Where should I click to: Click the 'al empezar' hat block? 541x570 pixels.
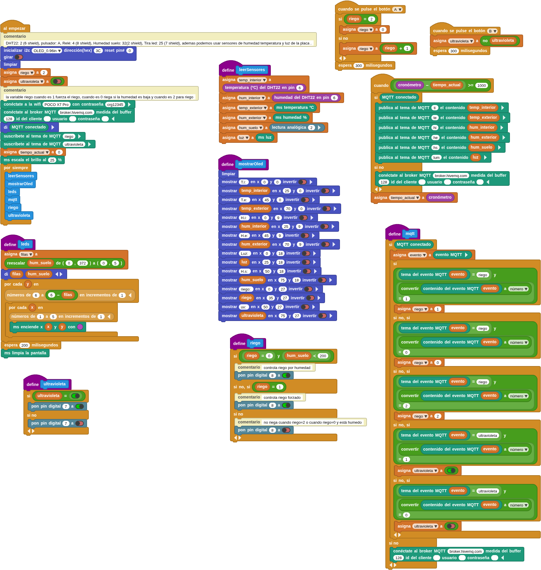15,28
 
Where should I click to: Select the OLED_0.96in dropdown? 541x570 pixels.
47,51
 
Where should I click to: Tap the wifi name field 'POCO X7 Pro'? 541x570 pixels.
57,104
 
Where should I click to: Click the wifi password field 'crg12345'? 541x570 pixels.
115,104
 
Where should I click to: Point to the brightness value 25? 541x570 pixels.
52,160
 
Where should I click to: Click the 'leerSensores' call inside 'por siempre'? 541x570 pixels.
21,176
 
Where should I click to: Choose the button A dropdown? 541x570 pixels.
397,9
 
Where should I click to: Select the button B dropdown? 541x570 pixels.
492,31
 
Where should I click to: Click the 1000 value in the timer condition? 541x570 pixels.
482,85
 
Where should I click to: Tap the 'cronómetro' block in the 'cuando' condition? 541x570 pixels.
409,85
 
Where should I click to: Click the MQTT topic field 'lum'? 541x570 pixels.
436,157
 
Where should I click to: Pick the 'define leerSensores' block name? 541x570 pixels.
252,70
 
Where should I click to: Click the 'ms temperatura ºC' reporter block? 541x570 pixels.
295,108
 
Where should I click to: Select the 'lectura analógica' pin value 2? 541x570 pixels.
311,128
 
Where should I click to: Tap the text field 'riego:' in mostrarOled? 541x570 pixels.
246,289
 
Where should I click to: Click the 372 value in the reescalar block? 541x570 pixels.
83,263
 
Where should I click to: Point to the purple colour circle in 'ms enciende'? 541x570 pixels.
80,327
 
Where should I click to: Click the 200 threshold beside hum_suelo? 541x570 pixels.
323,356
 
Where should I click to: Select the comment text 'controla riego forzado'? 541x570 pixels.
282,397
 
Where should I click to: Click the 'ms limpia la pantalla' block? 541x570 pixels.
25,353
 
